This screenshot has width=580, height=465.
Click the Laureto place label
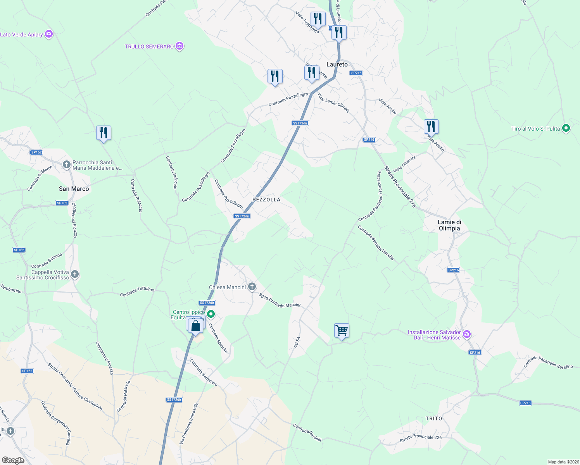click(x=337, y=64)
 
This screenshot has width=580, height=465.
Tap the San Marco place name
click(x=74, y=189)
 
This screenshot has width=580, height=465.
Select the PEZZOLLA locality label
click(x=266, y=200)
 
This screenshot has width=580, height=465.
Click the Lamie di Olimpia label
click(x=449, y=225)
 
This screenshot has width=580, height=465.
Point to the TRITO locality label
click(x=434, y=418)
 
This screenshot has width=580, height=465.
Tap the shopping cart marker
click(x=342, y=331)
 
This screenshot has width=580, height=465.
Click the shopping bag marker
click(x=196, y=325)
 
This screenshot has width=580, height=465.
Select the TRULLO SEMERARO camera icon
click(x=179, y=46)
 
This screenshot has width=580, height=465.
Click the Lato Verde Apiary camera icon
click(x=48, y=34)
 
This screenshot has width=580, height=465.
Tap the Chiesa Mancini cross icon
click(x=252, y=287)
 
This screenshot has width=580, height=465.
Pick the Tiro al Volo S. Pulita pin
click(x=566, y=128)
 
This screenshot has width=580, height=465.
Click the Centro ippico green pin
click(x=211, y=314)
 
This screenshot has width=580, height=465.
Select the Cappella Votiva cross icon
click(x=75, y=274)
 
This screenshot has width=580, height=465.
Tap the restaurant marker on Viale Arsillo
click(x=431, y=127)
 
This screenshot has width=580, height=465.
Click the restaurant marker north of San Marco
click(x=104, y=133)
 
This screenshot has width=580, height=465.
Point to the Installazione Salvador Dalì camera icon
click(x=467, y=334)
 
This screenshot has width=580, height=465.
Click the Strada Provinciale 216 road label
click(x=400, y=187)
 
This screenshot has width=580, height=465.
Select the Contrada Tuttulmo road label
click(x=137, y=292)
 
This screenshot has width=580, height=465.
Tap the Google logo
click(x=13, y=460)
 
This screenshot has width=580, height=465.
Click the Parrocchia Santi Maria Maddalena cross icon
click(x=67, y=165)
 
